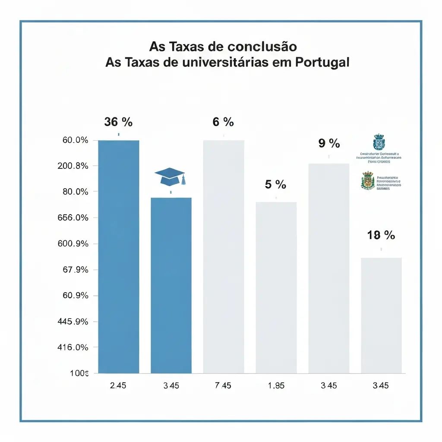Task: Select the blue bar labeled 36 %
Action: coord(119,256)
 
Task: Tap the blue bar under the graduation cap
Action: coord(171,285)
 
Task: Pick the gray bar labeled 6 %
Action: coord(224,256)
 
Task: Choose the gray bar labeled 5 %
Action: coord(276,287)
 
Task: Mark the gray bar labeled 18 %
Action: coord(381,315)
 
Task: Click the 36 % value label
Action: coord(118,122)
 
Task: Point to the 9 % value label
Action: coord(329,143)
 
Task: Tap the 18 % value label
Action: coord(381,235)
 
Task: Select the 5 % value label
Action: coord(276,185)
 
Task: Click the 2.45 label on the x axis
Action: coord(118,385)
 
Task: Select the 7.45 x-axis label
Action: coord(223,385)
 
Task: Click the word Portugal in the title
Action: coord(322,62)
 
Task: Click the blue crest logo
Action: coord(379,142)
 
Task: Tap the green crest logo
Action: coord(368,180)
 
